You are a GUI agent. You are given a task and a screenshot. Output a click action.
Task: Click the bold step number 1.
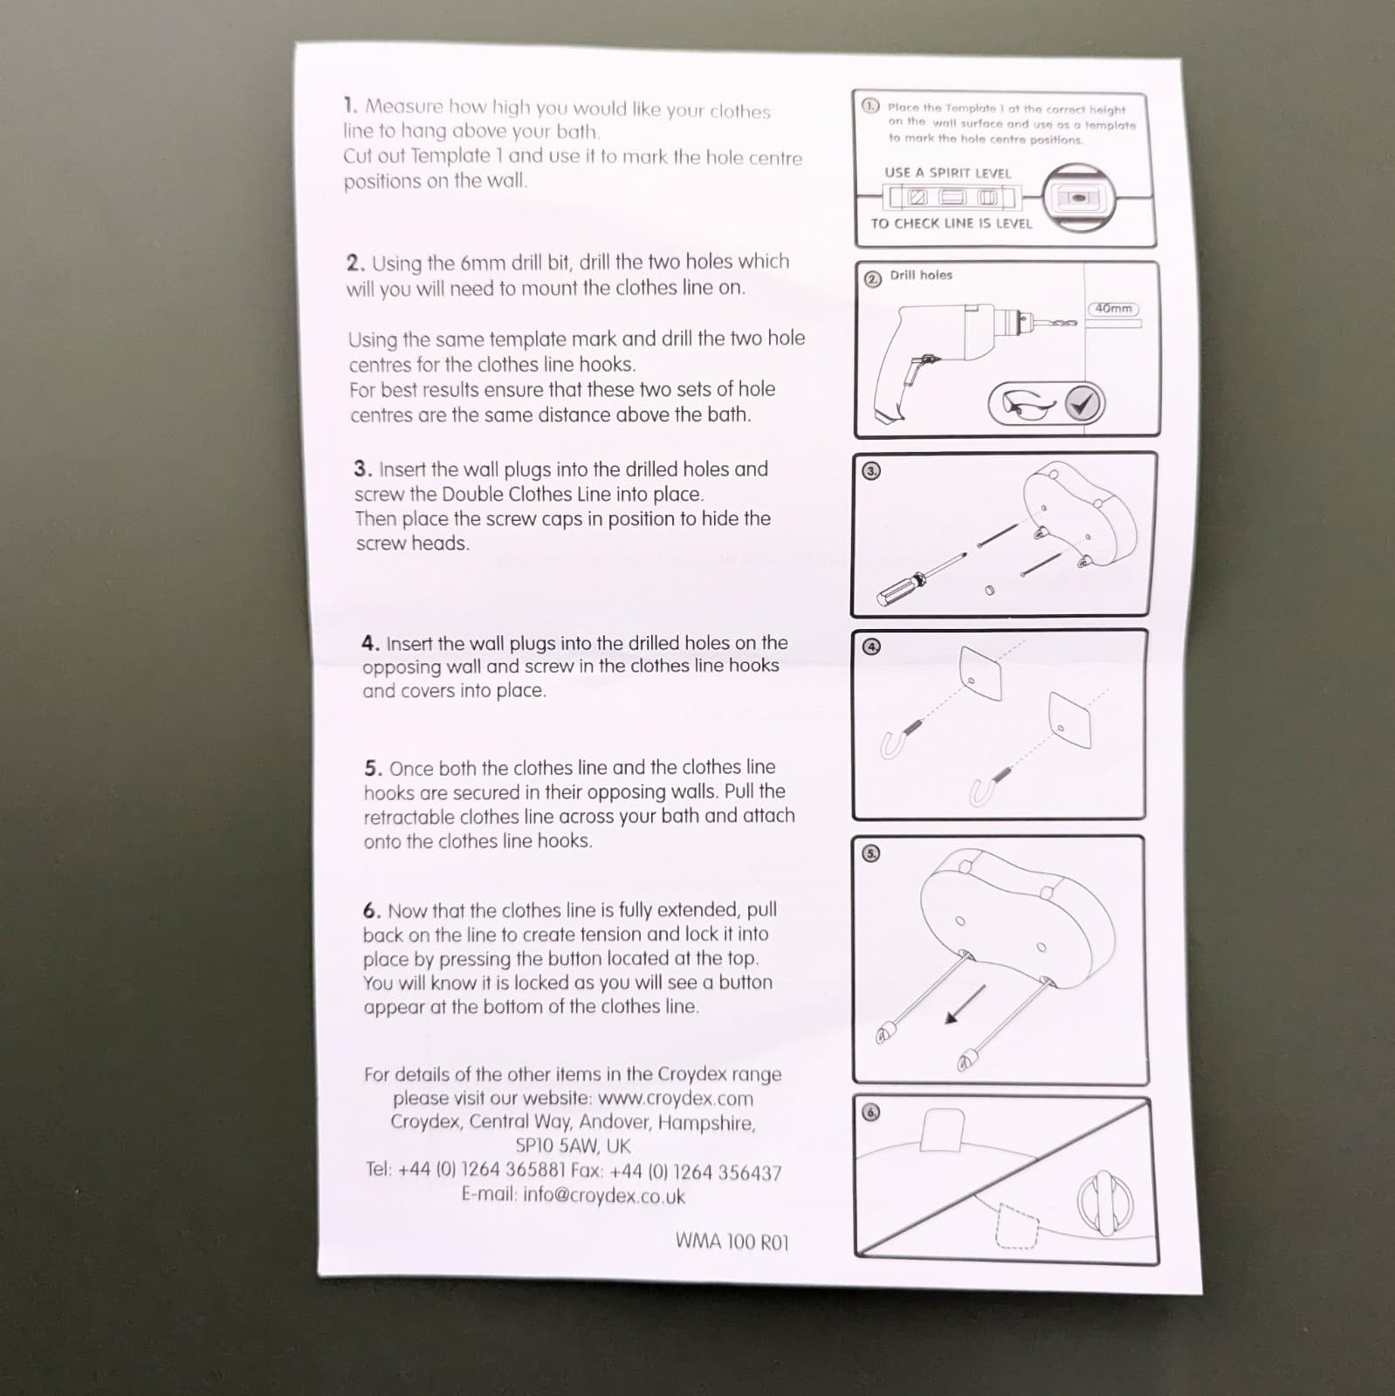350,106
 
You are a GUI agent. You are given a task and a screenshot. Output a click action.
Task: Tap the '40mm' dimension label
1114,309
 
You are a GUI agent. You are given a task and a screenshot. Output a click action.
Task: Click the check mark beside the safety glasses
1083,404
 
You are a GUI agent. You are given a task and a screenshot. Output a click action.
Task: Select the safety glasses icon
1032,404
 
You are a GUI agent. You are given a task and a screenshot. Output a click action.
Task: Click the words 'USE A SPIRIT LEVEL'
947,173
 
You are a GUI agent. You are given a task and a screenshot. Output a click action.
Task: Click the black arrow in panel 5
966,1003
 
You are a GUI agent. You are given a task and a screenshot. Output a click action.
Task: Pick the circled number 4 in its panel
871,647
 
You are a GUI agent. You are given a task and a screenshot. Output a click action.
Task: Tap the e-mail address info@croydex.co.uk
604,1196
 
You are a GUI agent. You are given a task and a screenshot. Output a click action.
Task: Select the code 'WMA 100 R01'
732,1242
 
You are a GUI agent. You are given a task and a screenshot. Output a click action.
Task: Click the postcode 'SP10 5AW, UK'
573,1146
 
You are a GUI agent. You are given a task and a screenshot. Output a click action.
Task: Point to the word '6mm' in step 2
483,263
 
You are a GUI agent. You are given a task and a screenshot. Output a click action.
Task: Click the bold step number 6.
372,911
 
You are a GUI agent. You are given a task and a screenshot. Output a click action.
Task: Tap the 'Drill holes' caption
921,276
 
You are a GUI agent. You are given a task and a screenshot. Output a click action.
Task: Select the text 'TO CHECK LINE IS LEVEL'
951,223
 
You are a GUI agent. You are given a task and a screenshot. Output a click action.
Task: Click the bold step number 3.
362,469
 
